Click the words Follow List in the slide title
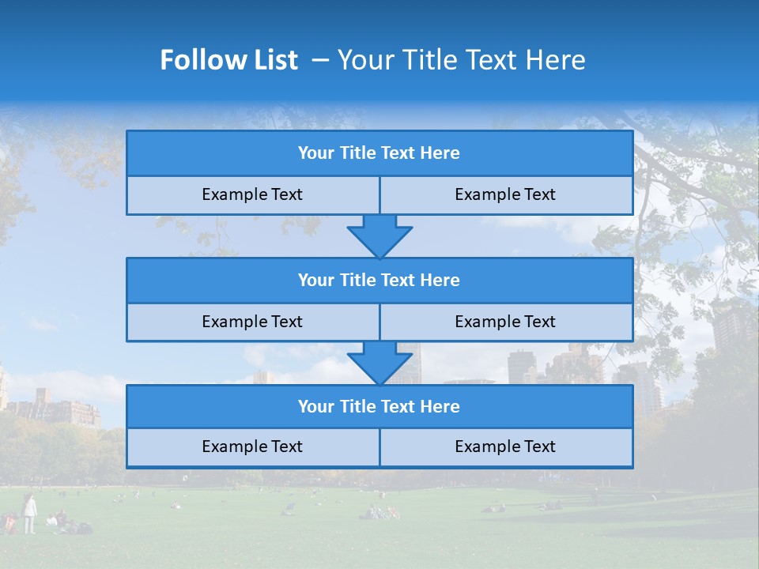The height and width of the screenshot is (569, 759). pyautogui.click(x=229, y=60)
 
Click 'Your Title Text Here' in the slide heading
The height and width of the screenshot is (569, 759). pyautogui.click(x=462, y=60)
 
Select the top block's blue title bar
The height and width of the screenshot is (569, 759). pyautogui.click(x=379, y=153)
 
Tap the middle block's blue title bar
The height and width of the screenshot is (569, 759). pyautogui.click(x=379, y=280)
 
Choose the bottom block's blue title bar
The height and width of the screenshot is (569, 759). pyautogui.click(x=379, y=406)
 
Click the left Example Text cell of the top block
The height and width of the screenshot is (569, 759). pyautogui.click(x=252, y=194)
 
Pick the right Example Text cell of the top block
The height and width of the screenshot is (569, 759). pyautogui.click(x=505, y=194)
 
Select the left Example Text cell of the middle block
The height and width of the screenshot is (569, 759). pyautogui.click(x=252, y=322)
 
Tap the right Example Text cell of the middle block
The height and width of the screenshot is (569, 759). pyautogui.click(x=505, y=322)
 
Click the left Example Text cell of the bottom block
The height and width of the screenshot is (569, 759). pyautogui.click(x=252, y=447)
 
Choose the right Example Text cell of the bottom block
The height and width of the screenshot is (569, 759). pyautogui.click(x=505, y=447)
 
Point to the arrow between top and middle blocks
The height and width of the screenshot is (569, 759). pyautogui.click(x=379, y=236)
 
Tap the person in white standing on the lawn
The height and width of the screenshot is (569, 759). pyautogui.click(x=29, y=514)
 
